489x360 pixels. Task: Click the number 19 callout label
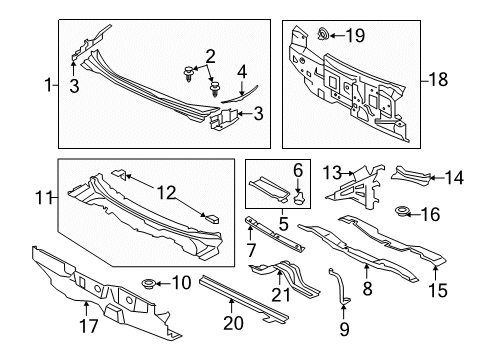(x=355, y=35)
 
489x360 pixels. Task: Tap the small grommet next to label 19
(x=323, y=34)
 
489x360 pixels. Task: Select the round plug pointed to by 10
(x=148, y=284)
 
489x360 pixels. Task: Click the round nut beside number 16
(x=401, y=211)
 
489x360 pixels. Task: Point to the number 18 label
(x=438, y=80)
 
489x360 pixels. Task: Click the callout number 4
(x=242, y=72)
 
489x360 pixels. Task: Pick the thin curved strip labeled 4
(x=239, y=94)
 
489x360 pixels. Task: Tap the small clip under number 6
(x=299, y=196)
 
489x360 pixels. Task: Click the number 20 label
(x=233, y=323)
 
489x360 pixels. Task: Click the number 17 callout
(x=89, y=326)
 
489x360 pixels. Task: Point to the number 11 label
(x=44, y=198)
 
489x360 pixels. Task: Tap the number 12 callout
(x=166, y=193)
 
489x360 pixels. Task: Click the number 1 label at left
(x=48, y=85)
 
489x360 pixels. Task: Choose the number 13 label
(x=332, y=173)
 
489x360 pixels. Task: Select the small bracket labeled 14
(x=411, y=176)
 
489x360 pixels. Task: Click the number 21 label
(x=281, y=295)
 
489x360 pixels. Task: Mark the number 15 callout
(x=438, y=290)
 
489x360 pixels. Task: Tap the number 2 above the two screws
(x=210, y=57)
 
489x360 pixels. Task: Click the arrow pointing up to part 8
(x=366, y=272)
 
